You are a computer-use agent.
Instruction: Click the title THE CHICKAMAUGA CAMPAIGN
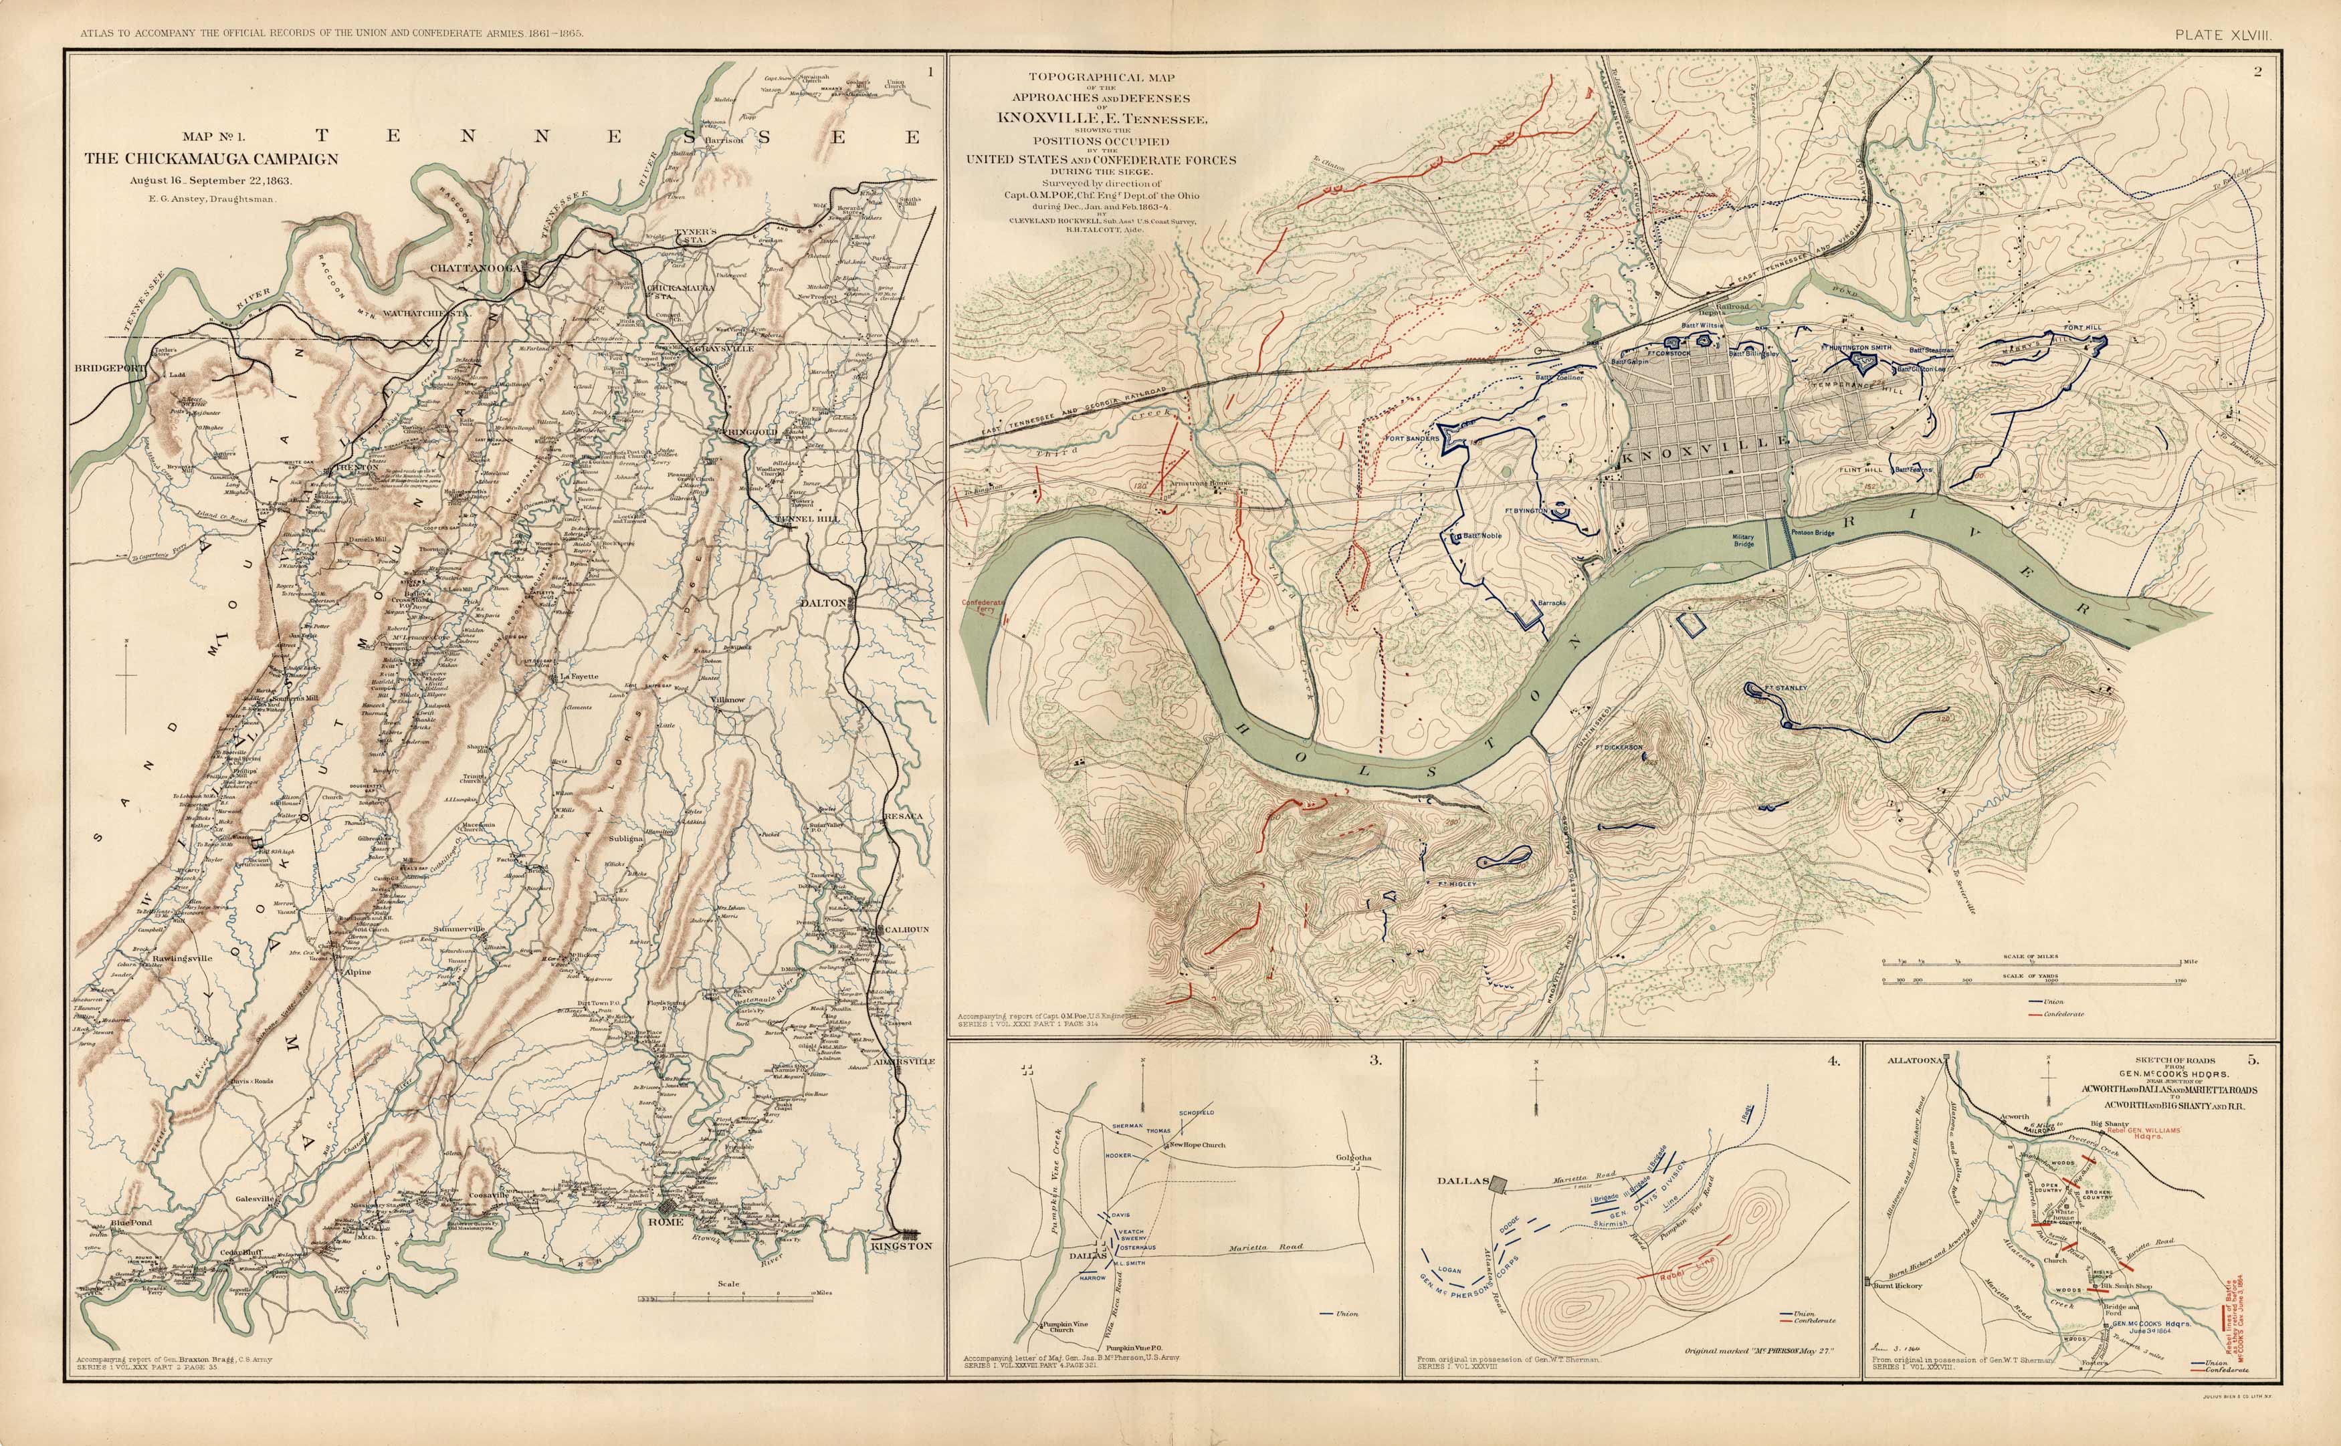(211, 158)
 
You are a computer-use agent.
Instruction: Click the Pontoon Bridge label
(1812, 533)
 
